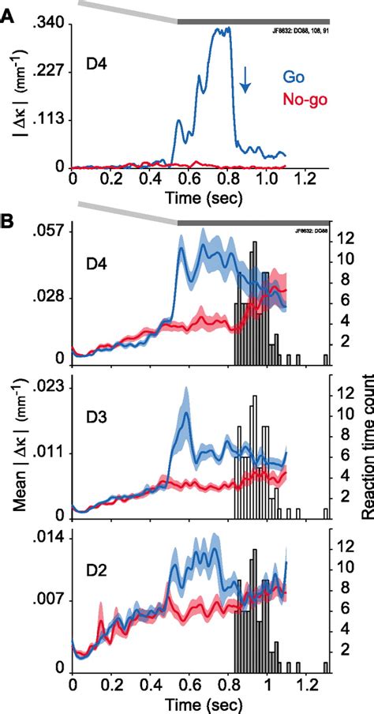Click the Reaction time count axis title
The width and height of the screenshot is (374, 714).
(366, 458)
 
